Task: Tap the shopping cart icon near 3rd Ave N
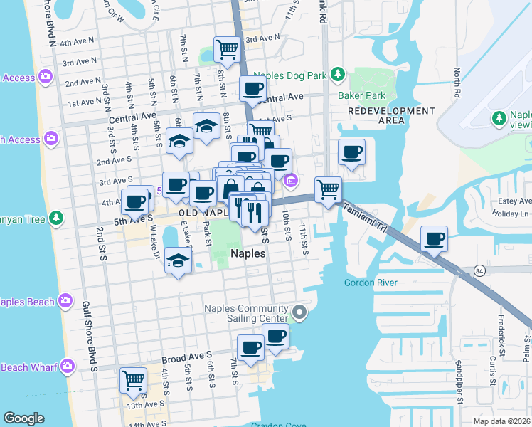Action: [x=227, y=50]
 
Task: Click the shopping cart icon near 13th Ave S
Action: [x=133, y=380]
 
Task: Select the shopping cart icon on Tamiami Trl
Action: [x=328, y=189]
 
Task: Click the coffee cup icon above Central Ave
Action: [x=252, y=88]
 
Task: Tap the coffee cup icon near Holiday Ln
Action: [x=434, y=238]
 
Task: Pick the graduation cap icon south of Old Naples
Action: [x=178, y=260]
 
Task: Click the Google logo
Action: [x=23, y=418]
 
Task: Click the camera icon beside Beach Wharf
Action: [x=68, y=367]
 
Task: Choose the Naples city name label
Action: [x=248, y=253]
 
